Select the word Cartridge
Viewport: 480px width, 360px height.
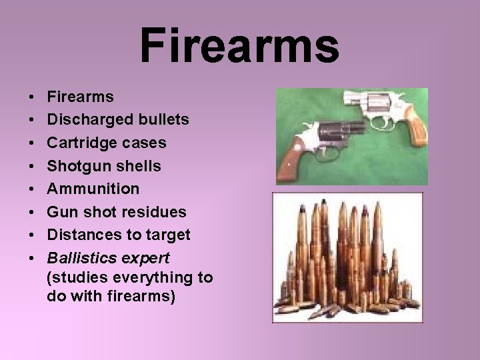click(x=79, y=143)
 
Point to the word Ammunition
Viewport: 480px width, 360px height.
click(x=93, y=189)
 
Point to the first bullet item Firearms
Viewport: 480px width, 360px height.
click(x=81, y=97)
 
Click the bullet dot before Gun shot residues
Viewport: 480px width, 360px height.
click(x=33, y=212)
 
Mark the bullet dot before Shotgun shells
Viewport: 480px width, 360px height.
click(x=33, y=166)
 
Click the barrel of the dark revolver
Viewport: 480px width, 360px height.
click(x=353, y=127)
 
